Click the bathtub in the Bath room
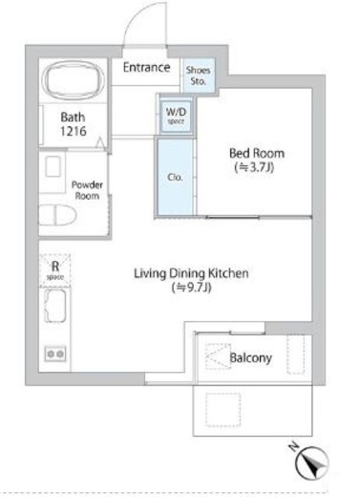74,79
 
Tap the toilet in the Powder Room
58,215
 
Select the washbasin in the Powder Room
53,166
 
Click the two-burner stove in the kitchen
55,354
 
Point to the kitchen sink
55,306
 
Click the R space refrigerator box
54,270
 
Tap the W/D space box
176,116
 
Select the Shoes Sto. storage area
198,76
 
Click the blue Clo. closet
176,177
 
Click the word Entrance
146,67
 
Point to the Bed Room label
257,153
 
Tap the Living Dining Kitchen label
191,273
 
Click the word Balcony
250,358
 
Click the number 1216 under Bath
74,131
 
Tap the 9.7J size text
191,288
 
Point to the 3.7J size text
254,167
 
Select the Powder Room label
87,190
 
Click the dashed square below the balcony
222,410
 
